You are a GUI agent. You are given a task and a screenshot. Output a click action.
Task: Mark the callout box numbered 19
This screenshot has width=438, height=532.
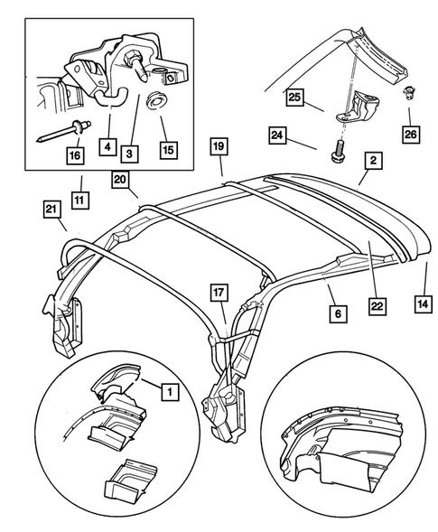[218, 145]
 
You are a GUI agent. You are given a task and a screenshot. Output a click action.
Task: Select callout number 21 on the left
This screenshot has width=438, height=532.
[51, 211]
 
